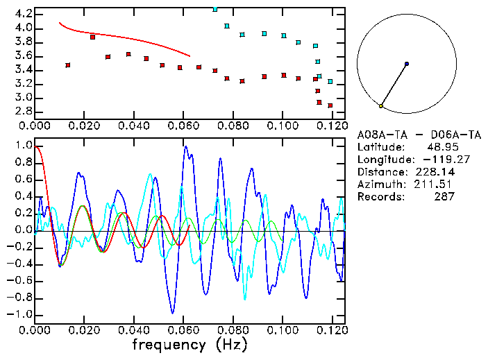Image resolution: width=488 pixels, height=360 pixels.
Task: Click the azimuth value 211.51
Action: coord(435,185)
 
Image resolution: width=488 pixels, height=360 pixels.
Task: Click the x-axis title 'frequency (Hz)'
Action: coord(190,345)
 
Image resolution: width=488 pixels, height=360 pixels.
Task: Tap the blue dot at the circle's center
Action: coord(406,64)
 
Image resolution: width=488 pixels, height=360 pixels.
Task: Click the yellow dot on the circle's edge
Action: coord(381,106)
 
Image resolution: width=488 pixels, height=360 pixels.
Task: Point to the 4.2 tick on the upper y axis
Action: coord(23,14)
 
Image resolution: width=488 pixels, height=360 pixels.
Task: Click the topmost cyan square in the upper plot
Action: coord(215,9)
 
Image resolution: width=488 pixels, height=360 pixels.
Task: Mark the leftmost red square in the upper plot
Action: coord(67,65)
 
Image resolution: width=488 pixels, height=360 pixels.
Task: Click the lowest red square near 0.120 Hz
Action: coord(330,105)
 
